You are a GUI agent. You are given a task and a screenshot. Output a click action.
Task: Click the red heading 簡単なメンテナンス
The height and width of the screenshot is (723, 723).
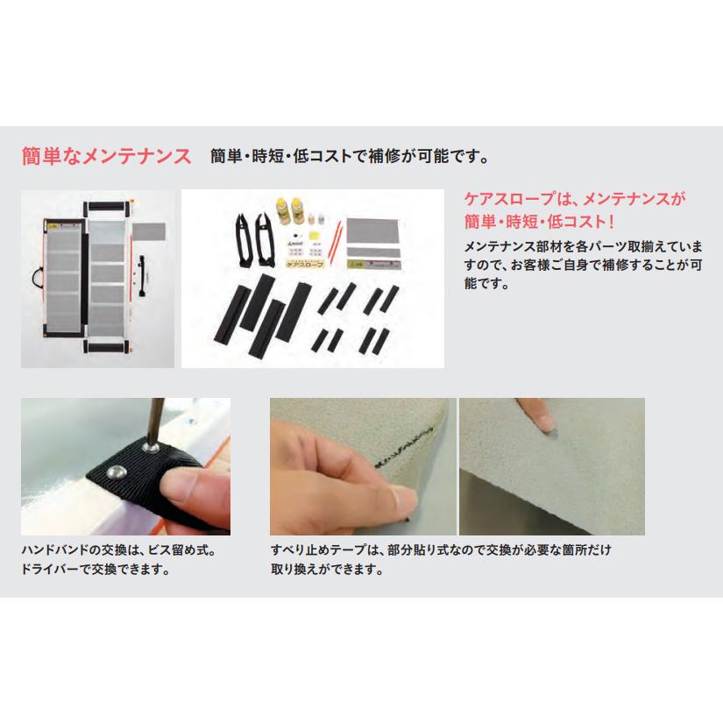[x=106, y=158]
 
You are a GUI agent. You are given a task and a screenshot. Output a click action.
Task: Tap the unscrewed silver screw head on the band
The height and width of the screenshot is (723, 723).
[x=113, y=471]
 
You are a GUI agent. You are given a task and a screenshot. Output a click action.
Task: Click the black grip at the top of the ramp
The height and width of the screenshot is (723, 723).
[x=105, y=207]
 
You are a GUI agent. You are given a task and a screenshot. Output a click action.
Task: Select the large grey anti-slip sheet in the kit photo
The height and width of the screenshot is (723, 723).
[x=373, y=230]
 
